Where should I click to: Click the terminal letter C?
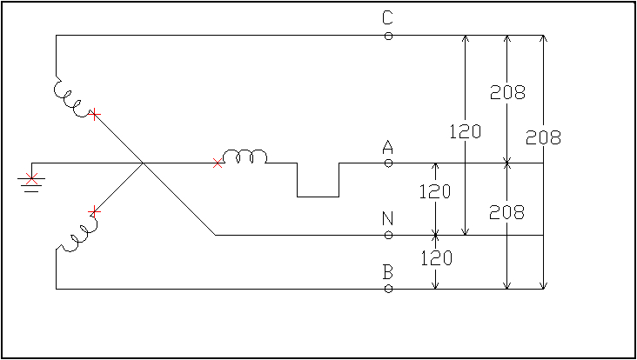click(x=388, y=17)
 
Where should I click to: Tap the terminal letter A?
click(x=388, y=149)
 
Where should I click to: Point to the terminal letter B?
click(x=388, y=272)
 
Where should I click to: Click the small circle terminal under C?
click(x=388, y=36)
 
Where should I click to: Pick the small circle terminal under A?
click(x=388, y=163)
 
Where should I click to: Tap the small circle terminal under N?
click(x=388, y=235)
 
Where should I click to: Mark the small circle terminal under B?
click(x=388, y=288)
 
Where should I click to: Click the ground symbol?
click(x=32, y=181)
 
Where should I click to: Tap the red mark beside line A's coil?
click(x=218, y=163)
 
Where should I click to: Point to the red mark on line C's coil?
click(x=95, y=114)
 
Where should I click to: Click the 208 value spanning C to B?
click(x=543, y=137)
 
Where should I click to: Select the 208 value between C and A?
click(x=507, y=93)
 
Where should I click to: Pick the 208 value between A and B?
click(x=507, y=211)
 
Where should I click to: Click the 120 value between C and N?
click(x=465, y=132)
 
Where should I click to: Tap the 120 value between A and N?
click(x=434, y=191)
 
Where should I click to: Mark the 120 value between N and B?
click(x=434, y=257)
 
